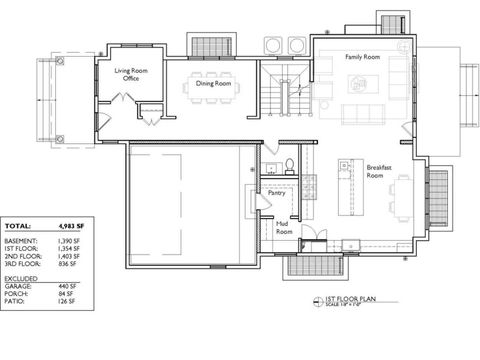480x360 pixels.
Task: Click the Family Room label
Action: pyautogui.click(x=363, y=58)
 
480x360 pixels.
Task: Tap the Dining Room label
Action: pyautogui.click(x=213, y=84)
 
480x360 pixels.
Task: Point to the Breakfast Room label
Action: pyautogui.click(x=376, y=171)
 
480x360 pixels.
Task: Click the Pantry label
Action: pyautogui.click(x=276, y=194)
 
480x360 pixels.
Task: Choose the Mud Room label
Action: pyautogui.click(x=284, y=228)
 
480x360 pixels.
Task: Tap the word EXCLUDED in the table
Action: pyautogui.click(x=22, y=277)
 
